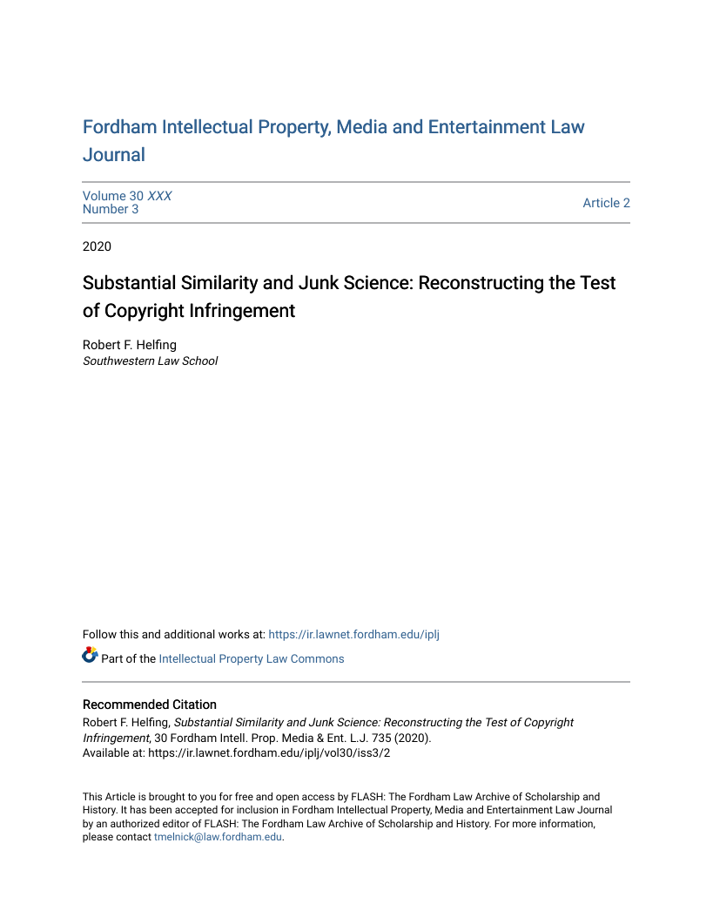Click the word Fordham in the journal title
(x=119, y=127)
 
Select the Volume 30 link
(x=113, y=196)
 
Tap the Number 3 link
(x=111, y=209)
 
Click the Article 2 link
(x=606, y=203)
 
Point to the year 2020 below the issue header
(x=97, y=246)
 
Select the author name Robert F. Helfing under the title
(x=130, y=345)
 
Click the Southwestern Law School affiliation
(x=150, y=361)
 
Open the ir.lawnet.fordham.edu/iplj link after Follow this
(x=353, y=634)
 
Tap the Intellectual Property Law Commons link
(x=251, y=658)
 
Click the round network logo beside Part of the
(x=91, y=655)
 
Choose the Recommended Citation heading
(x=150, y=705)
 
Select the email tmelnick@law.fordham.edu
(x=218, y=837)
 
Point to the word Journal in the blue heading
(x=113, y=155)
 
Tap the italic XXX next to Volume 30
(x=159, y=196)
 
